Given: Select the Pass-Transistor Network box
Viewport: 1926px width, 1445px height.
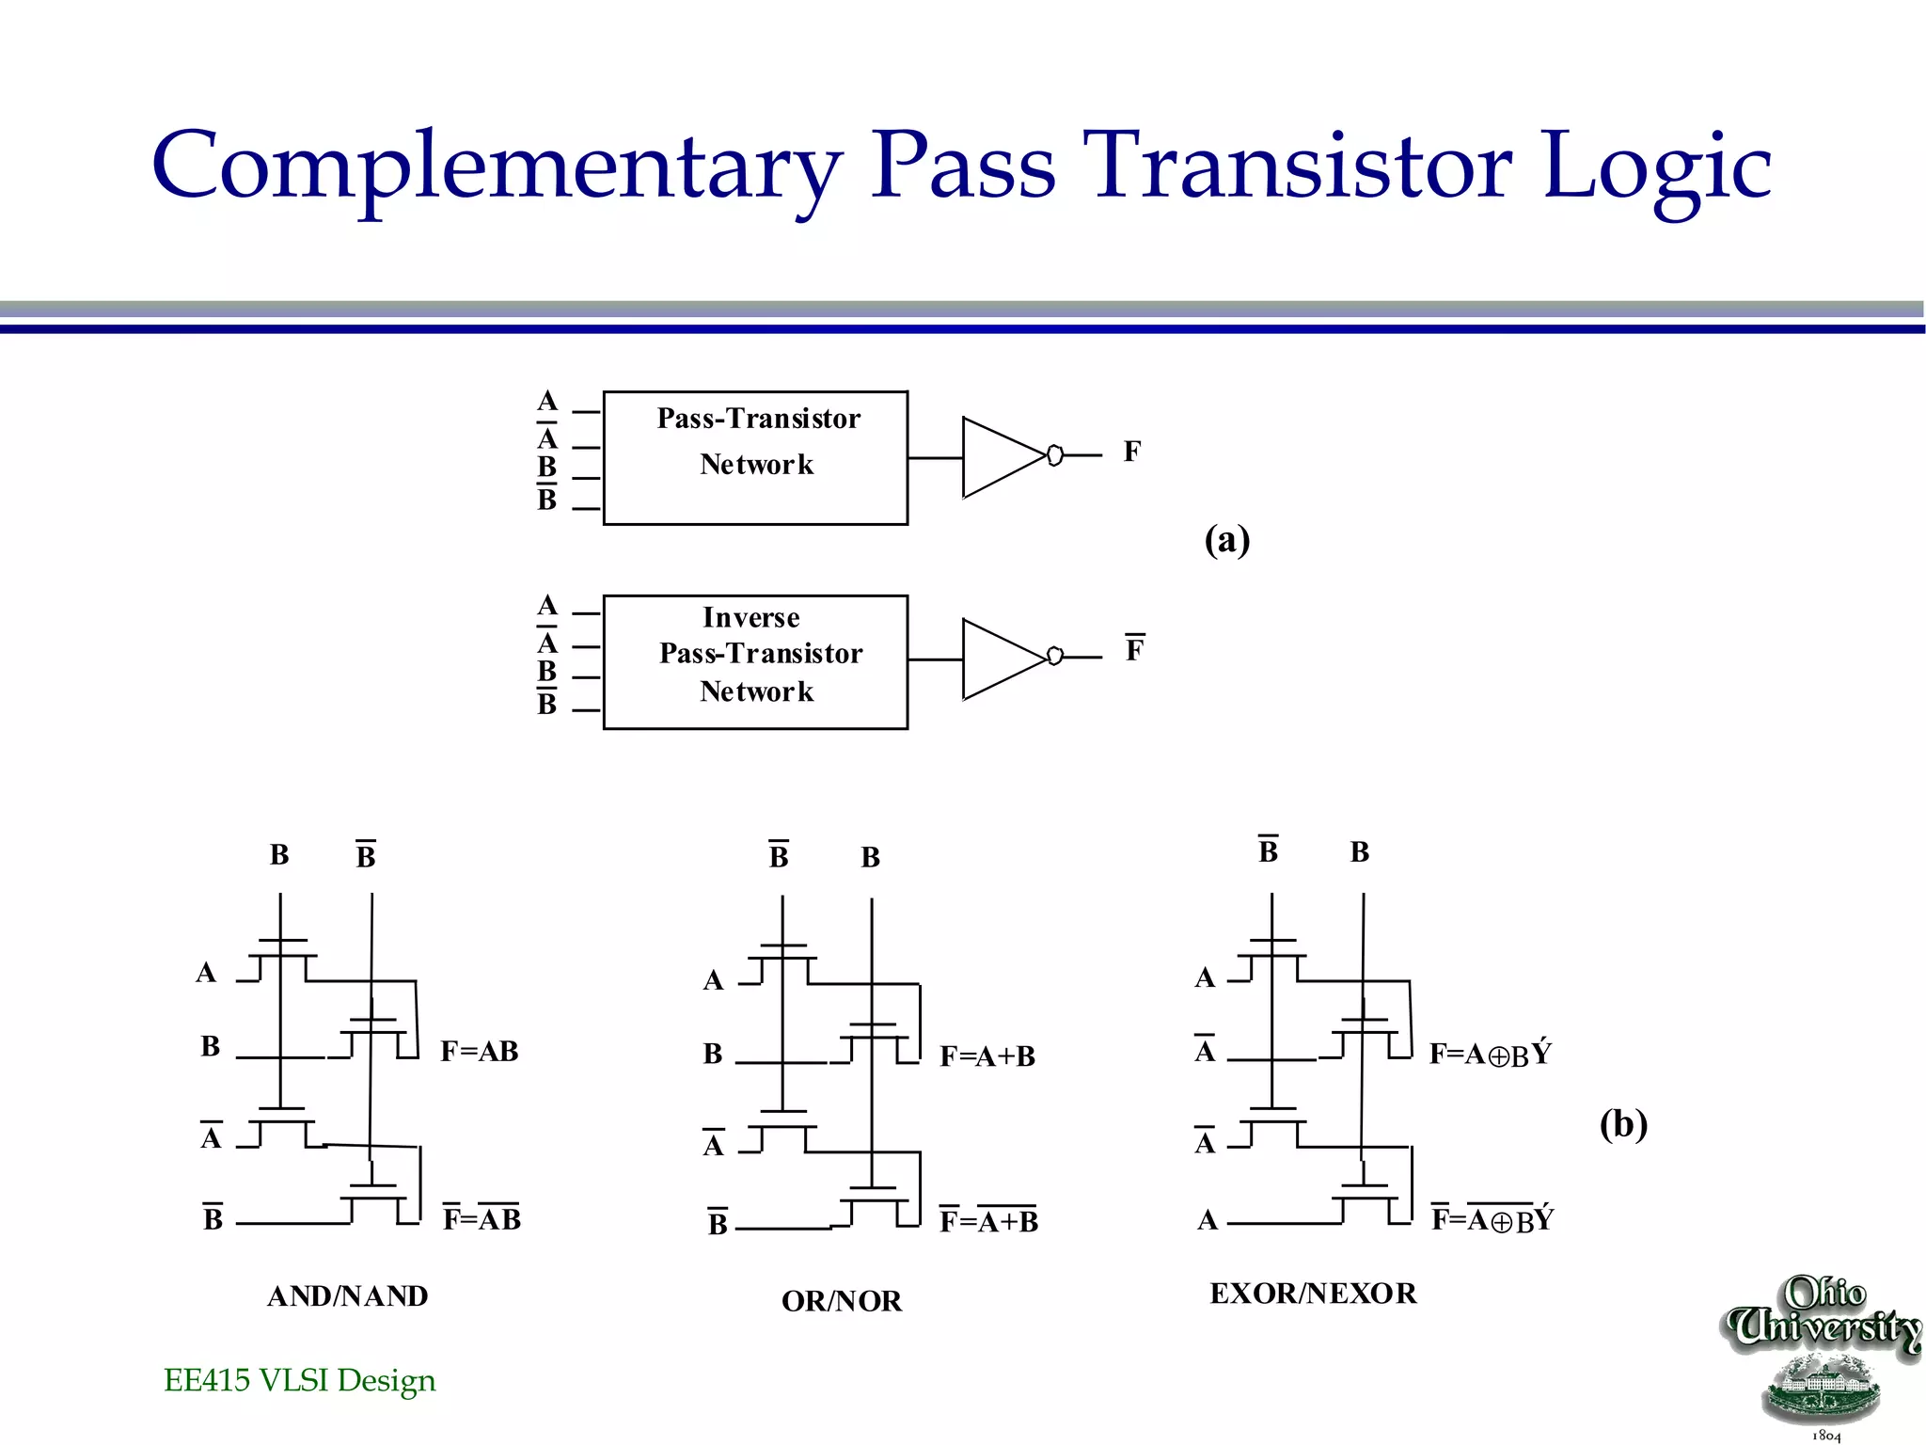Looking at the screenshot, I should (755, 458).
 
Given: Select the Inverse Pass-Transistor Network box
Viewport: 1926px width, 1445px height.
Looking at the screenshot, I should (755, 661).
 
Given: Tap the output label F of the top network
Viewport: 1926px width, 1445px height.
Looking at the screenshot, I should (1132, 453).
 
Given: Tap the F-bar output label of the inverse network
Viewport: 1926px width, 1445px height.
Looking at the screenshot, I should (1135, 649).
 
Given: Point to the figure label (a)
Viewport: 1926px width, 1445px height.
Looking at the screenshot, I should (1227, 540).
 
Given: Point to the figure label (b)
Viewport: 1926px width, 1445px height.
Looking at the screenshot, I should (1623, 1124).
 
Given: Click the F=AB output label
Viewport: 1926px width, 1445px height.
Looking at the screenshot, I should (480, 1051).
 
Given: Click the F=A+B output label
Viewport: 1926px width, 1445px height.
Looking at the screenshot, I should (987, 1056).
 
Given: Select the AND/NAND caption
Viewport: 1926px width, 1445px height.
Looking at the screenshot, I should (347, 1296).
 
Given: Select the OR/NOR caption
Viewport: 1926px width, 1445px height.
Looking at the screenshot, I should (842, 1301).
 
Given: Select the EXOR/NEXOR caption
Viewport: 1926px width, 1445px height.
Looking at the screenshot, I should (1313, 1294).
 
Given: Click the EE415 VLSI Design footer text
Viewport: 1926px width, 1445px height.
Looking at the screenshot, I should (299, 1380).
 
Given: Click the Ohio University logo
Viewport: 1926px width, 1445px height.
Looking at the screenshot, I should (1823, 1355).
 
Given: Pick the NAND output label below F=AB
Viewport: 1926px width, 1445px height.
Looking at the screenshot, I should (481, 1218).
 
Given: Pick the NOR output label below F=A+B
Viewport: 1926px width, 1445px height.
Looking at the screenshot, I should (988, 1220).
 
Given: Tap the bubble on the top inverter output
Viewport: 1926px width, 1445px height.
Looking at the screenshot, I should (1055, 455).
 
